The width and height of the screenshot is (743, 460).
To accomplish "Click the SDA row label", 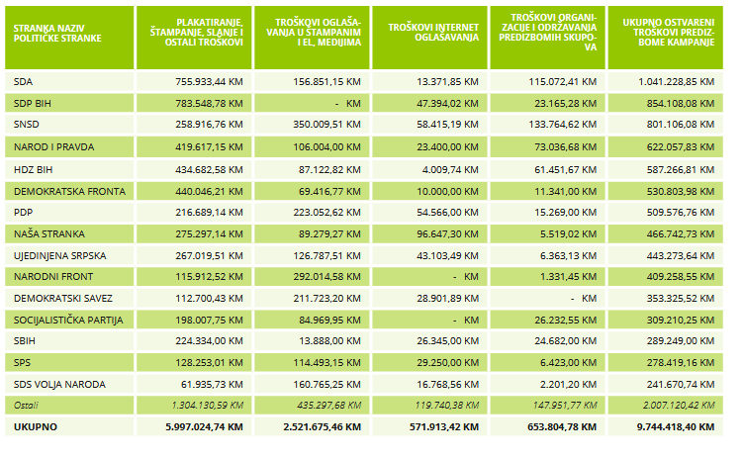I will [24, 82].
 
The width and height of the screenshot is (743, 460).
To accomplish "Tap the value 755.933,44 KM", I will [203, 82].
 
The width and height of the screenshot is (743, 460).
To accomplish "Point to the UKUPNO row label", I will [35, 426].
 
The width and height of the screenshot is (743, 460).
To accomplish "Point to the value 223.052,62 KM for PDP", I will [322, 212].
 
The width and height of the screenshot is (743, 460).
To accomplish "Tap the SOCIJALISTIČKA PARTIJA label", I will [68, 320].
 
